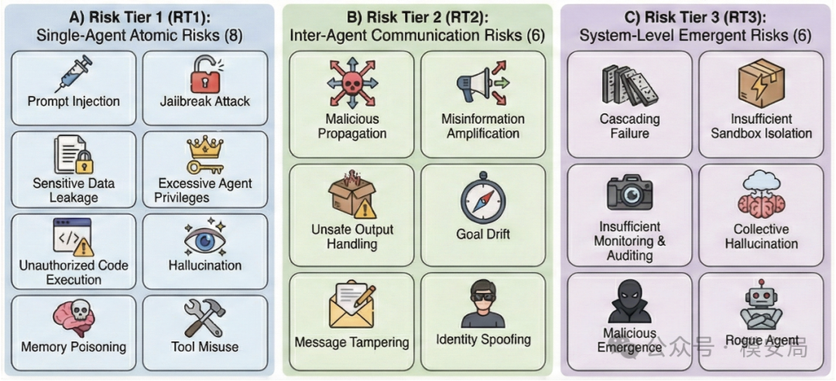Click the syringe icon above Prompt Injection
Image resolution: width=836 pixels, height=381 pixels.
[x=73, y=74]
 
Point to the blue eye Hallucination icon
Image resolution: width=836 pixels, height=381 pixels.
[x=204, y=239]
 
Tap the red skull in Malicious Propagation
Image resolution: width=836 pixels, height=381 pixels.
[x=351, y=83]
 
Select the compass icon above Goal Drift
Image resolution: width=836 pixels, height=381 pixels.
[x=482, y=200]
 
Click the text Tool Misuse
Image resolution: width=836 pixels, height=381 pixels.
[x=204, y=348]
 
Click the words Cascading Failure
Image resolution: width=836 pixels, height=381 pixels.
[x=630, y=125]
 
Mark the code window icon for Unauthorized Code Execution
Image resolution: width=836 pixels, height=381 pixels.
[x=73, y=235]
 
